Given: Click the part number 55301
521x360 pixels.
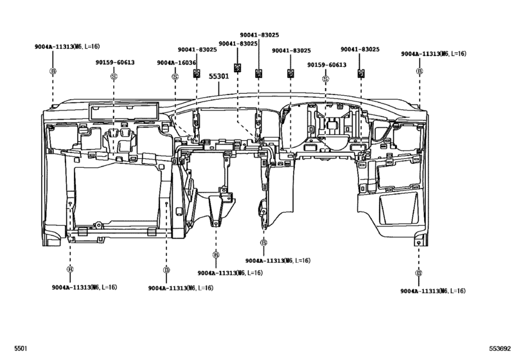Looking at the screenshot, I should pos(217,76).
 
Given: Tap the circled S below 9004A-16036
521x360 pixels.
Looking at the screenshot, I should pos(175,76).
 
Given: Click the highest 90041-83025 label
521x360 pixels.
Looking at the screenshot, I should pos(259,35).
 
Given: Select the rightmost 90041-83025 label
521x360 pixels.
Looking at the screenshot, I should pos(360,50).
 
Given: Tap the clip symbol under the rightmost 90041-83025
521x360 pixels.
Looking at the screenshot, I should pos(360,73).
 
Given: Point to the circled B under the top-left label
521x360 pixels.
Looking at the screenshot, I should pos(53,71).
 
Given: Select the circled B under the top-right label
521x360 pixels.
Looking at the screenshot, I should pos(419,71).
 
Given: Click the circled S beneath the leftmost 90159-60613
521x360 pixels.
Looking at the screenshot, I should pos(114,76).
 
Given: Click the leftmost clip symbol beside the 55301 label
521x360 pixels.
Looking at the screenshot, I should pos(197,73).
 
